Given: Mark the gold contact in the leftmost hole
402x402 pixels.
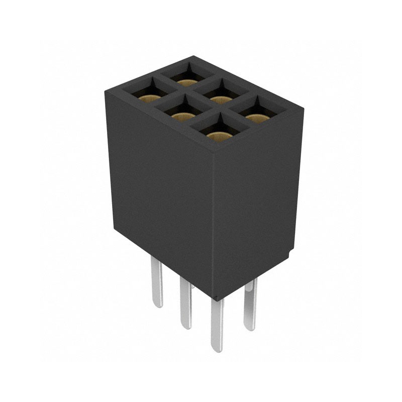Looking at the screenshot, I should click(x=150, y=98).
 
